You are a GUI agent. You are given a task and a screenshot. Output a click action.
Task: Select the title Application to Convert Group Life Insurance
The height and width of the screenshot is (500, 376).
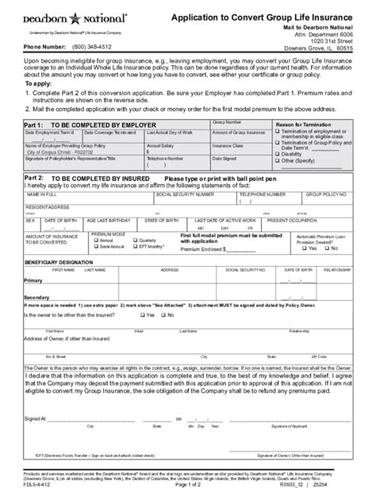(x=264, y=16)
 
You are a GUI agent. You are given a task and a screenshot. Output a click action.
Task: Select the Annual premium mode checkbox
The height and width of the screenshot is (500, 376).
(x=95, y=240)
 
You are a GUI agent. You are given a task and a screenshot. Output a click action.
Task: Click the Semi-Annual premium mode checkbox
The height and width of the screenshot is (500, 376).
(x=95, y=246)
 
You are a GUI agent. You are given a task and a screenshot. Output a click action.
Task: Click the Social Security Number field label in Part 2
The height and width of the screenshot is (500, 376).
(x=185, y=193)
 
